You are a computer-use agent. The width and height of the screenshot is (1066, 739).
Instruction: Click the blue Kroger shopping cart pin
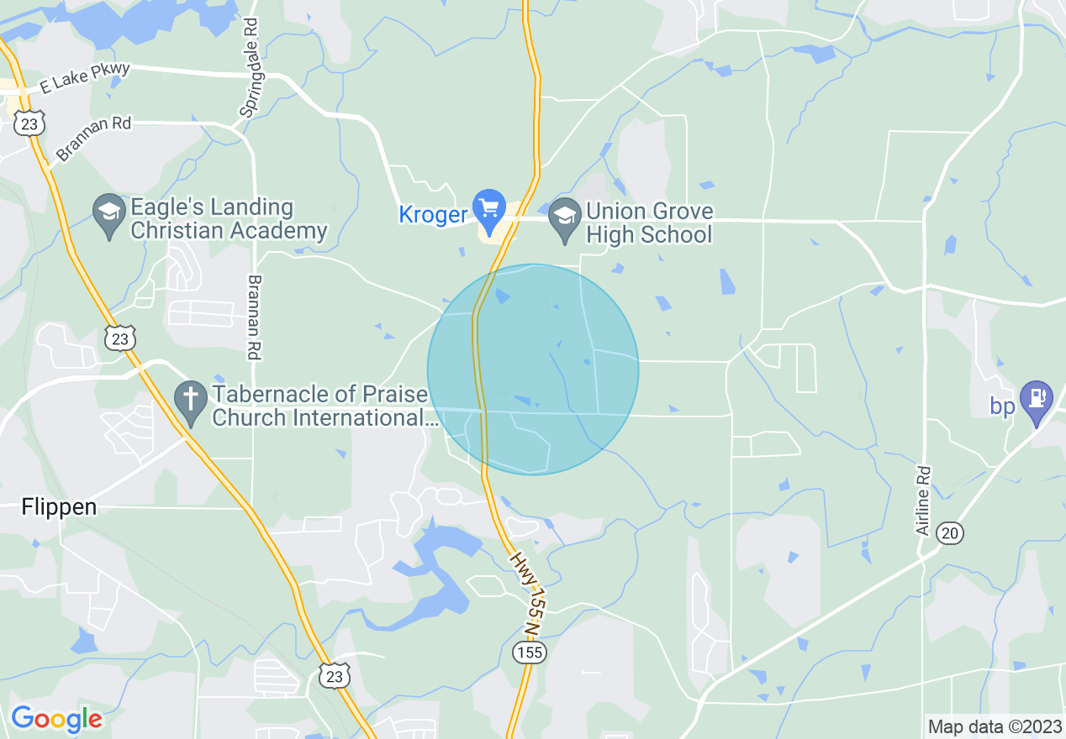(x=488, y=208)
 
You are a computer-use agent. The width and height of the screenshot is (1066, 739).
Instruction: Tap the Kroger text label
(x=434, y=215)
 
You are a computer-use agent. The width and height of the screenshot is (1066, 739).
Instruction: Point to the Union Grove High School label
(x=649, y=223)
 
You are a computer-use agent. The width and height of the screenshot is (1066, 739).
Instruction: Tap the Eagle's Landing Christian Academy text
(x=229, y=219)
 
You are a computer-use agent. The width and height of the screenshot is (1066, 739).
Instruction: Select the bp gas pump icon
(x=1037, y=401)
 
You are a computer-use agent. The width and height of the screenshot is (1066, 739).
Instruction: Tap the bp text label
(x=1002, y=406)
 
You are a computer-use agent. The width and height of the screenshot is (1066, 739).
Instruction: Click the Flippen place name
(x=59, y=506)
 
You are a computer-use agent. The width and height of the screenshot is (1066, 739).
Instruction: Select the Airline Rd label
(x=923, y=501)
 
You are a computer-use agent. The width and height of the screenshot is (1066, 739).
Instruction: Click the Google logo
(x=56, y=719)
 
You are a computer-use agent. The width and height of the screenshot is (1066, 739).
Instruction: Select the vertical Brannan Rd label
(x=255, y=317)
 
